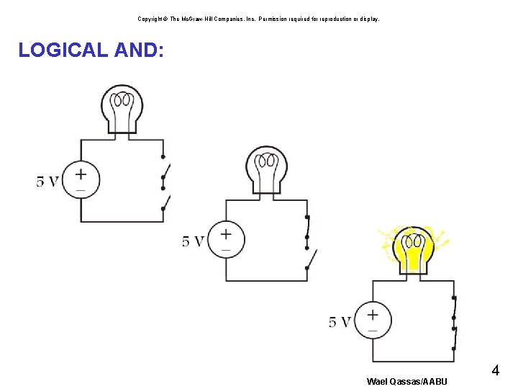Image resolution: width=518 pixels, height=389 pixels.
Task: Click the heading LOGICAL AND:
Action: pyautogui.click(x=91, y=50)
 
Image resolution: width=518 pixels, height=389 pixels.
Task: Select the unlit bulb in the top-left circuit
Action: pyautogui.click(x=122, y=107)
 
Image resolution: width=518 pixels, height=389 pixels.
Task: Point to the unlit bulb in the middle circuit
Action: pyautogui.click(x=266, y=170)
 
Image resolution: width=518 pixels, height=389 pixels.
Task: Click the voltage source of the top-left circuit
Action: pyautogui.click(x=81, y=180)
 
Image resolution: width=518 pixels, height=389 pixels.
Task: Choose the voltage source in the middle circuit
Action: pyautogui.click(x=226, y=240)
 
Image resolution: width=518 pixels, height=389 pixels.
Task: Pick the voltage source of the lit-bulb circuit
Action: pyautogui.click(x=373, y=321)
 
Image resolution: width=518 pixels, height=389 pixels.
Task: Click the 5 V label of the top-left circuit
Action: pyautogui.click(x=47, y=181)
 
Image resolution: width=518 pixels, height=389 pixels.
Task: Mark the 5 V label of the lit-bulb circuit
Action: pyautogui.click(x=340, y=322)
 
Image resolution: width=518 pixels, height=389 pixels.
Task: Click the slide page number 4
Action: pyautogui.click(x=495, y=371)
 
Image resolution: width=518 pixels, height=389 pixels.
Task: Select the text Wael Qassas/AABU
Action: pyautogui.click(x=406, y=381)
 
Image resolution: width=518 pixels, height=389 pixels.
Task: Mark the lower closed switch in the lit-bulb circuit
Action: pyautogui.click(x=454, y=339)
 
